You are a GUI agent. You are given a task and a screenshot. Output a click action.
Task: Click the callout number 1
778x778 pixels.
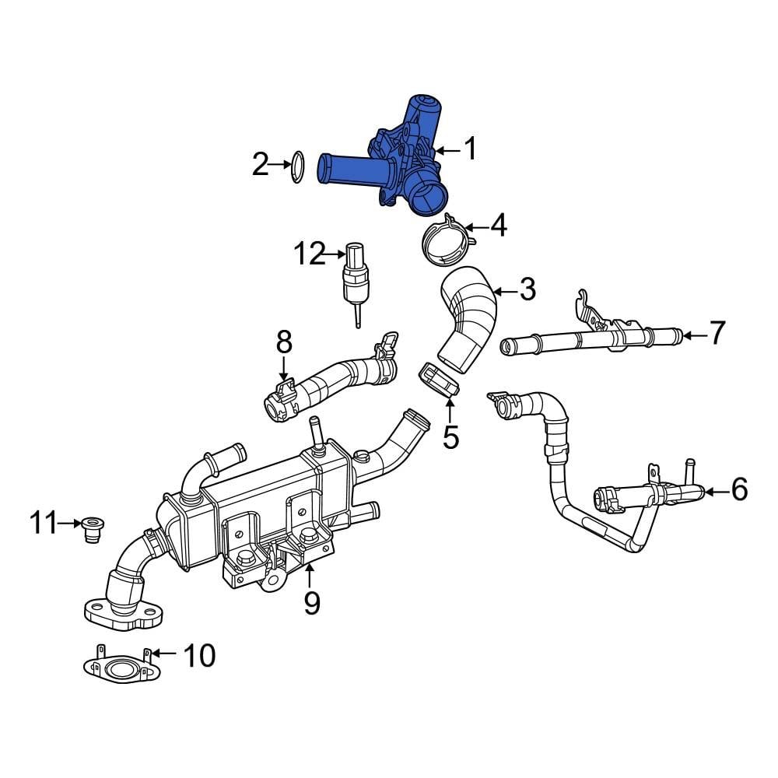470,148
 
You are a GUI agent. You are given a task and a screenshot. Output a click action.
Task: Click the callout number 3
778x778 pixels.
527,291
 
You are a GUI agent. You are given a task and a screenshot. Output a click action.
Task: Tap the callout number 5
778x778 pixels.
450,436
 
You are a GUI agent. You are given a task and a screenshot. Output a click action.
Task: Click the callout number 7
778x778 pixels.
717,333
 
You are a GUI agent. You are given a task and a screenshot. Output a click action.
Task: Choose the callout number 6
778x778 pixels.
738,489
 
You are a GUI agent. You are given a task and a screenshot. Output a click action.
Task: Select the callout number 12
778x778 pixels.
309,254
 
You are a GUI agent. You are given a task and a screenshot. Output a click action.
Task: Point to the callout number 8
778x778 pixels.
283,341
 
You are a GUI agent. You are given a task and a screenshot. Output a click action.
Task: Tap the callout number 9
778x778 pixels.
311,602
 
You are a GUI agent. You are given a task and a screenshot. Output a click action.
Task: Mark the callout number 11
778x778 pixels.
45,524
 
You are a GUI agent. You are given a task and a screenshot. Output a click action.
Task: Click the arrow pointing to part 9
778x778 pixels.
310,575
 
